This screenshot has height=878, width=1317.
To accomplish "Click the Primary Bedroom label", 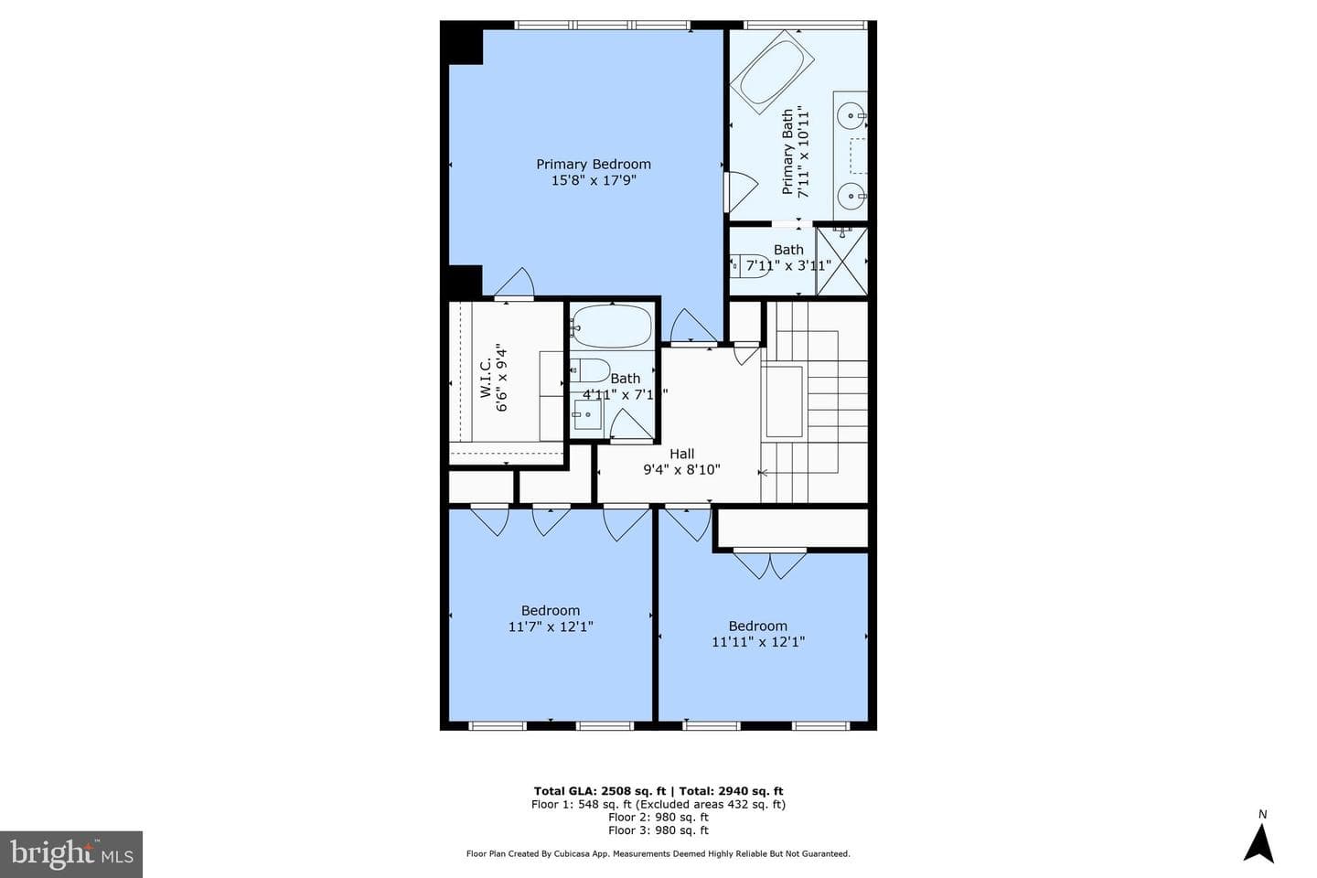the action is (x=594, y=164).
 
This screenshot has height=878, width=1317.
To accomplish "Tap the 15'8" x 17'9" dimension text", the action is (x=594, y=180).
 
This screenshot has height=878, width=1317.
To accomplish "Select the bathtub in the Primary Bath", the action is (x=772, y=72).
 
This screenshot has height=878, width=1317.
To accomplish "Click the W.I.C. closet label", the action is (x=485, y=378).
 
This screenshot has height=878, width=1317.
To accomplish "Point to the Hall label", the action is (x=682, y=454).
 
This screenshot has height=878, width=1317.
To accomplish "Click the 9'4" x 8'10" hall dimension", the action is (x=682, y=469).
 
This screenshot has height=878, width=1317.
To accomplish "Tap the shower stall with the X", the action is (x=842, y=261).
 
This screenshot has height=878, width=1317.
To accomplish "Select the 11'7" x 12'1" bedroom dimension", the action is (x=551, y=626).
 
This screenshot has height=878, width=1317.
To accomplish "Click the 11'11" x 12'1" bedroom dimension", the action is (x=758, y=642).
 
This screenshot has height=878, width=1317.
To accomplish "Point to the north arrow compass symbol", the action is (x=1258, y=842).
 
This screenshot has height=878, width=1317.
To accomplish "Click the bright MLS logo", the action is (x=71, y=854).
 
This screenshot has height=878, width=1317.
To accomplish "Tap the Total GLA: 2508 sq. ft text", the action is (x=600, y=791).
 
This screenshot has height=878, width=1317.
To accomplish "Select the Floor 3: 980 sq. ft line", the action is (x=658, y=830).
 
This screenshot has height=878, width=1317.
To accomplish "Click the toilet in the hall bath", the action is (x=590, y=370).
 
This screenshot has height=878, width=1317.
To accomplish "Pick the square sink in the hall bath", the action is (x=588, y=415).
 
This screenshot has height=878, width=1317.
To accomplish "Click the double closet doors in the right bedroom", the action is (x=770, y=564).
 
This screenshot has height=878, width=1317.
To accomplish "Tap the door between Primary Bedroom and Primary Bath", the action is (x=740, y=191).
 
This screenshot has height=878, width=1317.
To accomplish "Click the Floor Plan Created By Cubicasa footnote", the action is (x=658, y=854).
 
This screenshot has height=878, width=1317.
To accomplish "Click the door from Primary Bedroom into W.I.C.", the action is (x=514, y=284).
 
